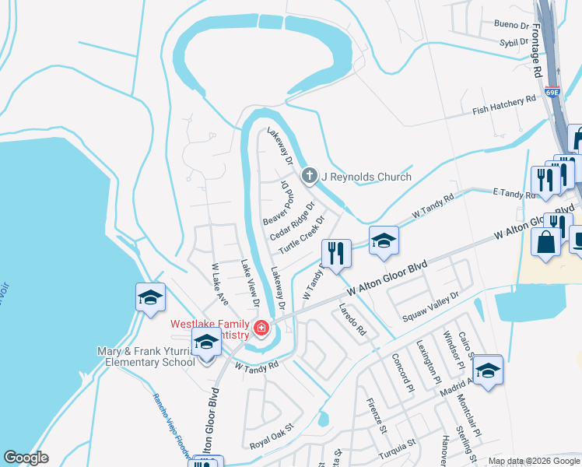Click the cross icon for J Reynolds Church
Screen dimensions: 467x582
[x=310, y=176]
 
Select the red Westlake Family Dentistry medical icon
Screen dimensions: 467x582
[x=261, y=328]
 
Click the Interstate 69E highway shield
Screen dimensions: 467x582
[x=552, y=92]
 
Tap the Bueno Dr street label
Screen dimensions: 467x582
[x=511, y=25]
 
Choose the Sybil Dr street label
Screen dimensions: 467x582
[x=514, y=43]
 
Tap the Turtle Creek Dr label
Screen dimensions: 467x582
[x=302, y=235]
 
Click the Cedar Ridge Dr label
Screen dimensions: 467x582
[x=292, y=222]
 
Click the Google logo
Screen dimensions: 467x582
[x=26, y=458]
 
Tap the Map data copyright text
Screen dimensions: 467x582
[x=532, y=461]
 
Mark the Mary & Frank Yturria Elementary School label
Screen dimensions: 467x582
[x=145, y=356]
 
